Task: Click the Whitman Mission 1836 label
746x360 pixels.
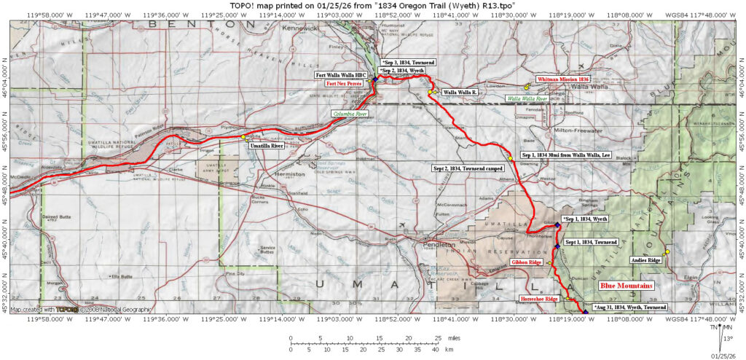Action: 563,79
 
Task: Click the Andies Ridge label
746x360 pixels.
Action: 645,260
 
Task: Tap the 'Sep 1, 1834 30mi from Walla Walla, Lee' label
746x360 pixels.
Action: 565,155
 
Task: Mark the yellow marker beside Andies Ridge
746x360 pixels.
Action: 667,252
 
